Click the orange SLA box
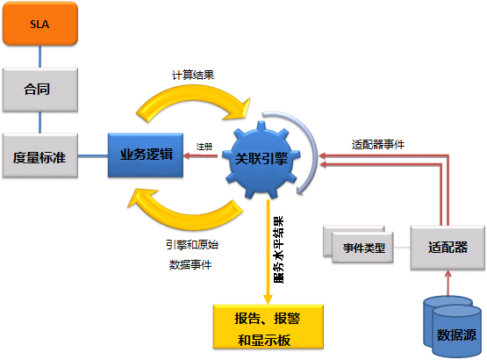tap(40, 24)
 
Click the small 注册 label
tap(204, 146)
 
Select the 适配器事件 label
tap(376, 143)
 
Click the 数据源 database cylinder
tap(454, 328)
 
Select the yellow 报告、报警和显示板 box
tap(269, 326)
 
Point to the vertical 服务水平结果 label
tap(279, 251)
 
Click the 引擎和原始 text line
tap(190, 245)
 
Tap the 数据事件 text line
tap(190, 263)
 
